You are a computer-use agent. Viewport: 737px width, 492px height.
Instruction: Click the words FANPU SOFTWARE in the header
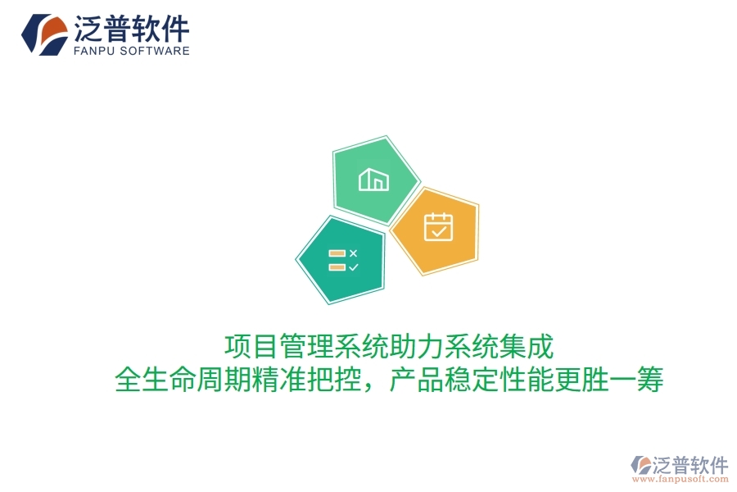(x=132, y=51)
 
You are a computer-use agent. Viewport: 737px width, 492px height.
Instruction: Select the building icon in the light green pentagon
(x=373, y=179)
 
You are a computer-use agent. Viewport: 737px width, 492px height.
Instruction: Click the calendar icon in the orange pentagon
(x=438, y=226)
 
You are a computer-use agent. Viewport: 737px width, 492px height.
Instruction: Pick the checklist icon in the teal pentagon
(x=342, y=260)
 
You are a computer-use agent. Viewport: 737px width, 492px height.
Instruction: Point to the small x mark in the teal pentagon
(x=353, y=253)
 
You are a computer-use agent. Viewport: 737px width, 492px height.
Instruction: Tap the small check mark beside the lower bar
(x=353, y=266)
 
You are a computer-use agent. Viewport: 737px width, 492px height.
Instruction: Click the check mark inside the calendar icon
(x=439, y=230)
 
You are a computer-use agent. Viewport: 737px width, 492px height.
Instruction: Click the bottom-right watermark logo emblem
(x=639, y=467)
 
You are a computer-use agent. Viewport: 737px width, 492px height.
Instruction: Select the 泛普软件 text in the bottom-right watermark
(x=690, y=465)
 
